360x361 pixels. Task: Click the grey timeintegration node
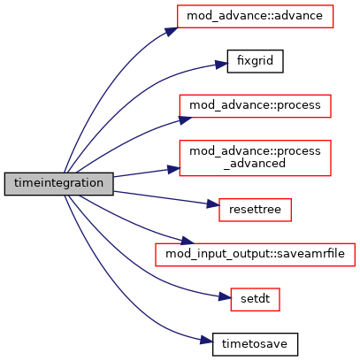[58, 184]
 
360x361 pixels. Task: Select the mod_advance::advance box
[255, 16]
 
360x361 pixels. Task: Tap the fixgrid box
[255, 61]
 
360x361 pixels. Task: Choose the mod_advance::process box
[255, 106]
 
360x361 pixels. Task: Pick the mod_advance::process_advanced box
[255, 157]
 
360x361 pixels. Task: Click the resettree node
[255, 210]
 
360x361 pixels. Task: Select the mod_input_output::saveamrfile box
[255, 255]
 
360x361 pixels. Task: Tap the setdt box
[255, 299]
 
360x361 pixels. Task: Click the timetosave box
[255, 344]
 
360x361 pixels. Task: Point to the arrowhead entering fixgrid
[221, 65]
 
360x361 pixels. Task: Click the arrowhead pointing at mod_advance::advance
[172, 31]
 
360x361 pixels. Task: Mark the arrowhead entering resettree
[213, 204]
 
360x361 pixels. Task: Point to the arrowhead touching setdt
[225, 297]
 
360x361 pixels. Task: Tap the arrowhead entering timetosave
[206, 341]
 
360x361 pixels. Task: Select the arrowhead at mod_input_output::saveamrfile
[188, 241]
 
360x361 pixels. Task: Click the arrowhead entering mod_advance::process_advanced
[173, 169]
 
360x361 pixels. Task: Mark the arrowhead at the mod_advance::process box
[185, 119]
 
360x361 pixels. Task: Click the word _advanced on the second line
[255, 164]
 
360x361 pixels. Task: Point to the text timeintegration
[58, 183]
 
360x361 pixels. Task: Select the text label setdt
[255, 299]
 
